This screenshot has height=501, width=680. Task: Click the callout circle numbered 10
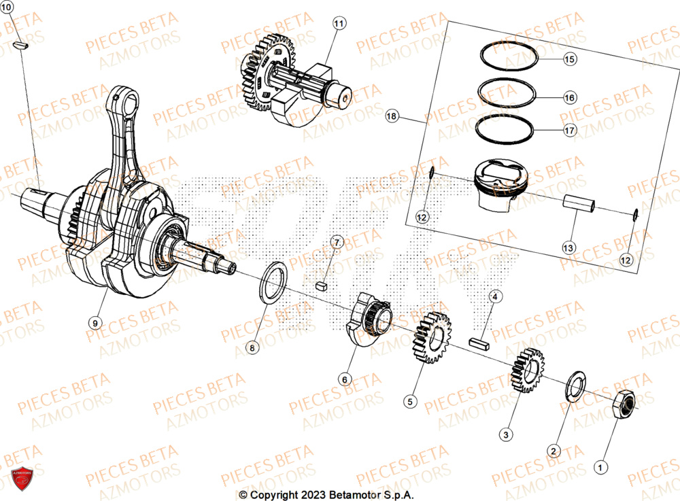(x=7, y=6)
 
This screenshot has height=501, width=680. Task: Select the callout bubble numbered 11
(x=339, y=24)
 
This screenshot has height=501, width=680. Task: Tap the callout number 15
(x=569, y=60)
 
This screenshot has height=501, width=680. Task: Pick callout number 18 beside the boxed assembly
(x=391, y=117)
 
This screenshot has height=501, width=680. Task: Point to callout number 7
(x=338, y=242)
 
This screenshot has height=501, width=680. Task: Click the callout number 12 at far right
(x=626, y=259)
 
